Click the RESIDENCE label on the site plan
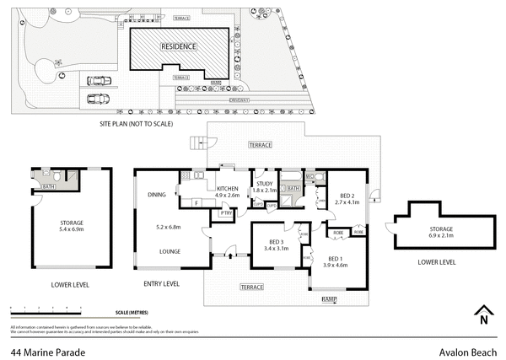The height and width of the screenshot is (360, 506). (x=178, y=46)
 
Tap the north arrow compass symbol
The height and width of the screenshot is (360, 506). (x=482, y=314)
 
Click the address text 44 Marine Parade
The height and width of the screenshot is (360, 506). (x=40, y=353)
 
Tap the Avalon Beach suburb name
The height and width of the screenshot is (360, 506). (x=468, y=353)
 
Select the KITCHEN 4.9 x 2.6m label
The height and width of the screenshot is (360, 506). (x=229, y=191)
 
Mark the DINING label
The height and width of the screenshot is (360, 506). (x=157, y=196)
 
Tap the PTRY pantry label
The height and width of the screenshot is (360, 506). (x=225, y=213)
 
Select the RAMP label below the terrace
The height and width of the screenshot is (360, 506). (x=329, y=299)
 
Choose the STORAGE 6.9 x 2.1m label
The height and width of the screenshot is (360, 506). (x=440, y=232)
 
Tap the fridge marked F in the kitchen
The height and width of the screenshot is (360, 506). (x=196, y=202)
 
